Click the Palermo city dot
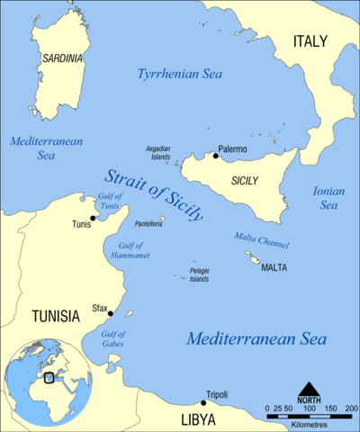click(x=215, y=156)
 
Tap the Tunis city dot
click(x=93, y=218)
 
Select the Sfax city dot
click(x=110, y=313)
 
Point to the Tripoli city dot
click(x=203, y=402)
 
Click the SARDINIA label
click(x=61, y=58)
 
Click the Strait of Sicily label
click(x=153, y=193)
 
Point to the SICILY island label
click(x=244, y=181)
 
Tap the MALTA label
click(x=274, y=267)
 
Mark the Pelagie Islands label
click(x=199, y=274)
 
